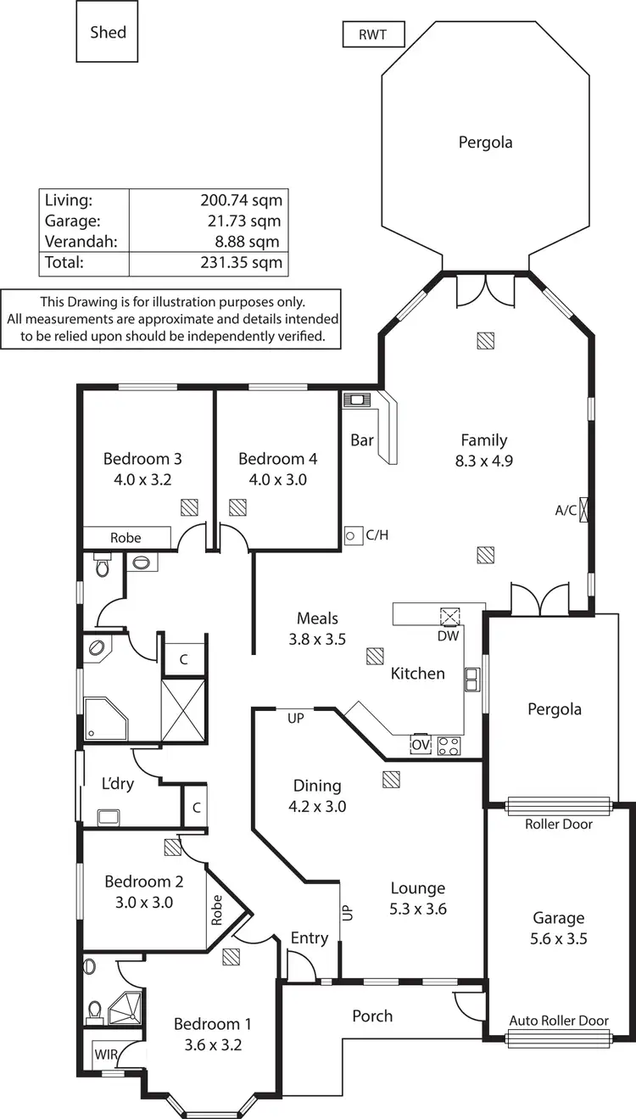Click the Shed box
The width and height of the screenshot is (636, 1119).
click(108, 31)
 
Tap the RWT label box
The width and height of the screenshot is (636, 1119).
click(373, 36)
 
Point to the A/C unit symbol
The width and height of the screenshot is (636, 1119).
click(583, 511)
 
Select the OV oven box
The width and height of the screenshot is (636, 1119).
click(420, 746)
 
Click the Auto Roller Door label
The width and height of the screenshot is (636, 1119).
click(559, 1021)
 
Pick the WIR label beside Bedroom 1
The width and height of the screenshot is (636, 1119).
click(106, 1055)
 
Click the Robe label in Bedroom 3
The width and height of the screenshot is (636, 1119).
click(126, 538)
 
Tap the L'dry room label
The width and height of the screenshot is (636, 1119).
click(118, 783)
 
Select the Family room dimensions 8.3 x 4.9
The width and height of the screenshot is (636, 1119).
click(484, 462)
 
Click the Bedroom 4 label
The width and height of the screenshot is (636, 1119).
click(277, 459)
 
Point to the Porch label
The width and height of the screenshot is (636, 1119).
click(372, 1015)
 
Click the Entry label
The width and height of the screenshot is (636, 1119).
click(309, 937)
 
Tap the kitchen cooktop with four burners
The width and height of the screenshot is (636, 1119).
click(449, 746)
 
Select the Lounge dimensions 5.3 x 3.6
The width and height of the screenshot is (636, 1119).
click(418, 909)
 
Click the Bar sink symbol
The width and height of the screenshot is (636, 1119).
click(356, 399)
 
